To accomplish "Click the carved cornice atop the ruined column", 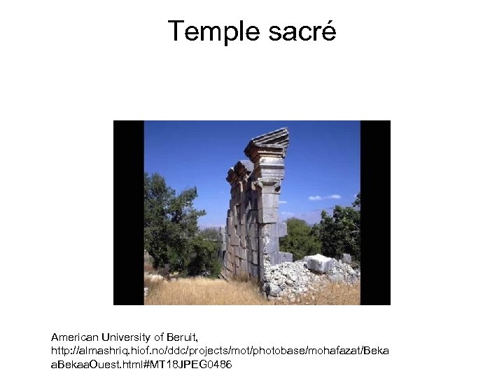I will (268, 144).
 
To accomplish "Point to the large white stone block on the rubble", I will (319, 262).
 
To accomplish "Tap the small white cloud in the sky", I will (325, 197).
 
